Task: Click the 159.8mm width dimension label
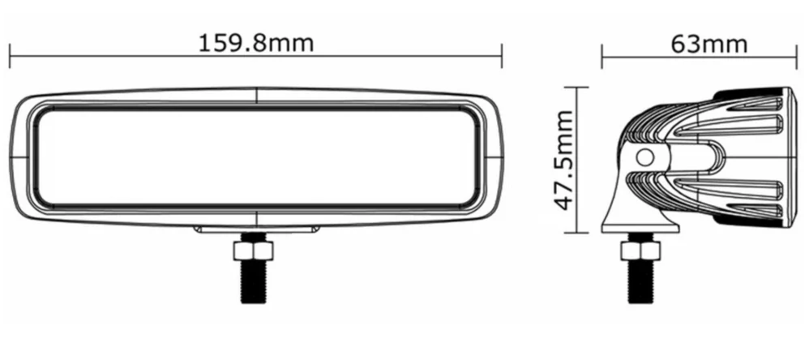tap(255, 42)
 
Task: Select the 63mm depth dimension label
tap(709, 43)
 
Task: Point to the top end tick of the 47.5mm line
tap(576, 87)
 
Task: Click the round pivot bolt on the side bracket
tap(646, 157)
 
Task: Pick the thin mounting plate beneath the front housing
tap(255, 230)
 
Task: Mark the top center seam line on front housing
tap(257, 95)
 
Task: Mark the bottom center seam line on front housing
tap(257, 218)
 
